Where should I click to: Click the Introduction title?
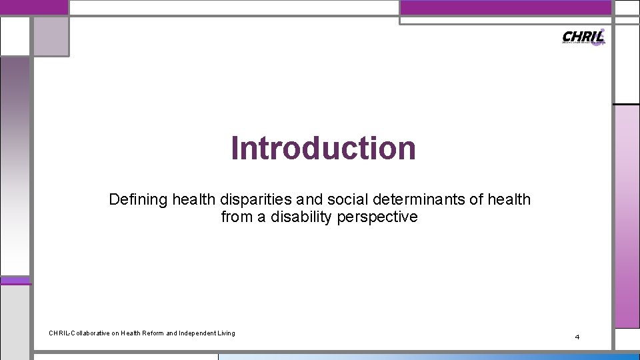(x=323, y=148)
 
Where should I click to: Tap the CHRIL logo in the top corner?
(x=583, y=37)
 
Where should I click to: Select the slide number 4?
(x=577, y=337)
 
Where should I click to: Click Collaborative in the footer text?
(x=91, y=333)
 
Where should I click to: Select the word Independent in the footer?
(x=201, y=333)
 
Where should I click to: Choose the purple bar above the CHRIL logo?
(x=505, y=7)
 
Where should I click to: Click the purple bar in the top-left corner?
(x=33, y=7)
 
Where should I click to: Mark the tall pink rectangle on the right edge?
(x=627, y=217)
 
